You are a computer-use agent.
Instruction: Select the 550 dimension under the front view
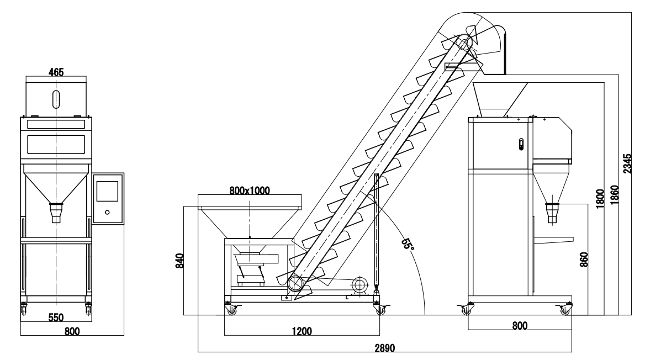point(55,318)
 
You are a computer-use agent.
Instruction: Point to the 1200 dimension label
point(302,331)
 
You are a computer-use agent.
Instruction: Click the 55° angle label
point(408,243)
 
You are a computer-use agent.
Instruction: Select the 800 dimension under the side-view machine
point(519,326)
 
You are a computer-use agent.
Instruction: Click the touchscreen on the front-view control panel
point(107,190)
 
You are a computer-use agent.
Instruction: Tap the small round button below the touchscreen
point(107,212)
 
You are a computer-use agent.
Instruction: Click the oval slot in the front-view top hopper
point(56,97)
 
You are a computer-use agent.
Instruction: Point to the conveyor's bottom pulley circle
point(295,283)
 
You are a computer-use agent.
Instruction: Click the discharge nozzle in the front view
point(56,212)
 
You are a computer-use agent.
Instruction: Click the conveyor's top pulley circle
point(465,41)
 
